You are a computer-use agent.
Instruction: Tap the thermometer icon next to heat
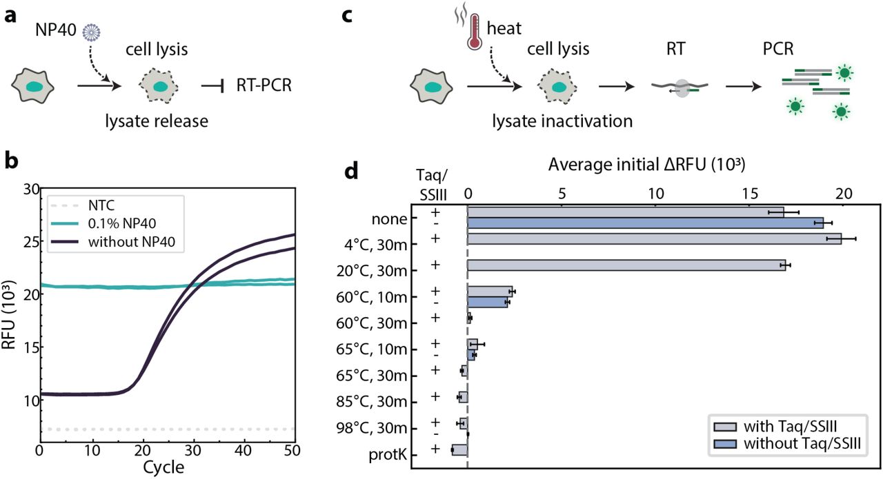pos(474,33)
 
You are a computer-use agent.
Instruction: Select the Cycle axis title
pos(163,467)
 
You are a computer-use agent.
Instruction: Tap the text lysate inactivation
pos(562,122)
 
